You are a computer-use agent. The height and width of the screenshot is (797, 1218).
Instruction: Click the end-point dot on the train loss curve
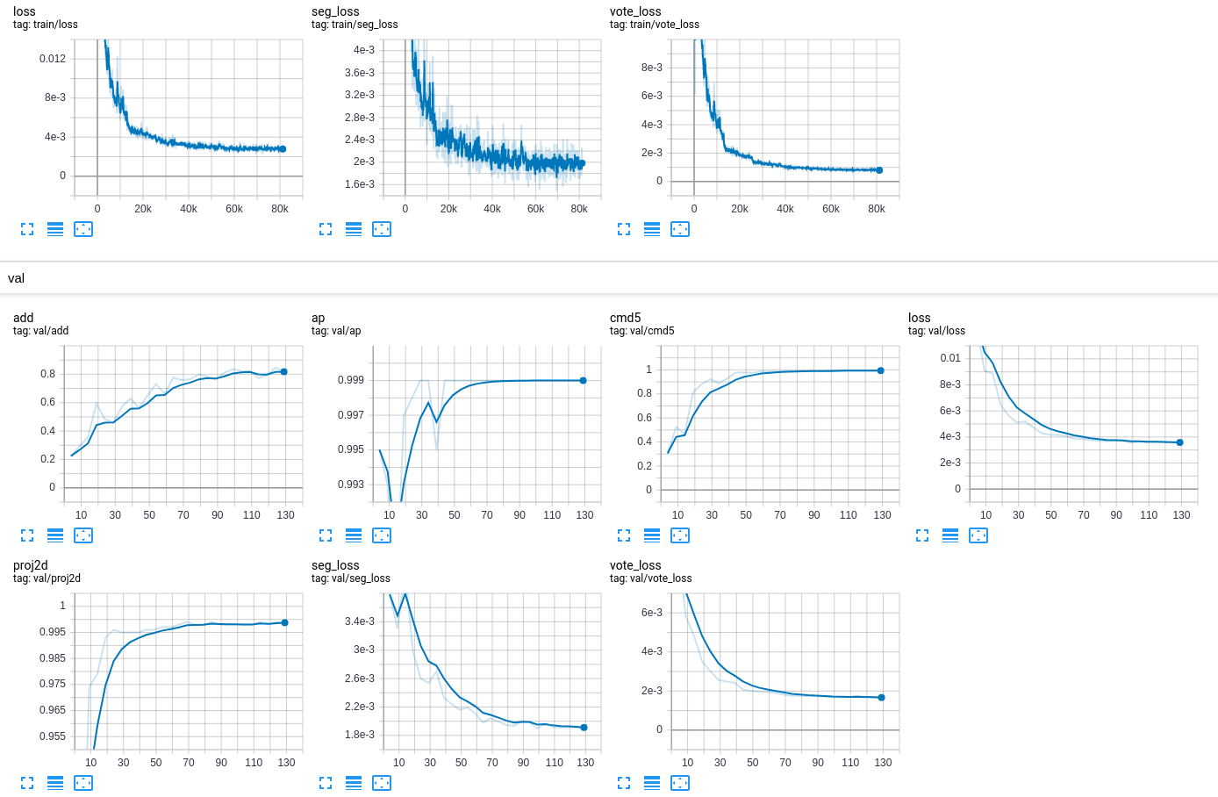tap(283, 149)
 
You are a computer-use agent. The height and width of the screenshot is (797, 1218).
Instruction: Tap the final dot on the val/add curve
tap(283, 371)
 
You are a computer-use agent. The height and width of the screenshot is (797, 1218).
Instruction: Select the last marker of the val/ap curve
tap(583, 380)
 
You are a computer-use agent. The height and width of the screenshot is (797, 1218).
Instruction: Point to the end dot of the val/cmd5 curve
tap(881, 370)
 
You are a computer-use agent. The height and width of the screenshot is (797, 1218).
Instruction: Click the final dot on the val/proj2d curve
tap(284, 622)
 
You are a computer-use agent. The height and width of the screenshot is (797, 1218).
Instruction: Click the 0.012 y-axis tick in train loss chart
tap(53, 59)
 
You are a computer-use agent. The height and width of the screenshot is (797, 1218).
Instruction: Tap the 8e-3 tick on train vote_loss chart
tap(652, 68)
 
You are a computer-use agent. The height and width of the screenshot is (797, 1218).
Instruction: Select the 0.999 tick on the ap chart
tap(351, 380)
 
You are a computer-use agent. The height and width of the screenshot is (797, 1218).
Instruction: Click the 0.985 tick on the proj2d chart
tap(53, 658)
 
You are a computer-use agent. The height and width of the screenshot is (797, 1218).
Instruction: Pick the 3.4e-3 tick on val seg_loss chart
tap(360, 621)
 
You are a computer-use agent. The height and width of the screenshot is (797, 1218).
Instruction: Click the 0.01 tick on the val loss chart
tap(950, 358)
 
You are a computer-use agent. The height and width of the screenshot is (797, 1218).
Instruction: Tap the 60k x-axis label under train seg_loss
tap(535, 209)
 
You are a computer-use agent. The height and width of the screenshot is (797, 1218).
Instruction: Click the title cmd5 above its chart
tap(626, 318)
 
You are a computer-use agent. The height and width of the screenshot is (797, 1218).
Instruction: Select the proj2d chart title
tap(31, 565)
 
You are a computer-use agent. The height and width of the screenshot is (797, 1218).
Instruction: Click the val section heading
tap(17, 278)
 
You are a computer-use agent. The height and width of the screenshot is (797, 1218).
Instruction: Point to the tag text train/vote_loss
tap(655, 25)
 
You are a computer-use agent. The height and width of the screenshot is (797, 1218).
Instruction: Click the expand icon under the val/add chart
tap(27, 535)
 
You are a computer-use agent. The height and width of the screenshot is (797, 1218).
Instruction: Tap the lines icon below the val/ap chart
tap(354, 535)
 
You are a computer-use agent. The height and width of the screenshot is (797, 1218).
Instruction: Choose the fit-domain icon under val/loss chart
tap(978, 535)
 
